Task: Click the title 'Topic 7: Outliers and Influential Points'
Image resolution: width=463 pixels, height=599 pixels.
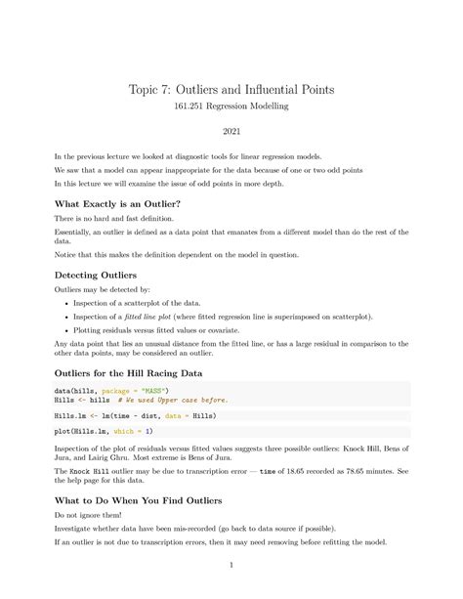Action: click(x=231, y=89)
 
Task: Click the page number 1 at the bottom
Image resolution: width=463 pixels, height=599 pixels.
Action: click(x=231, y=565)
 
